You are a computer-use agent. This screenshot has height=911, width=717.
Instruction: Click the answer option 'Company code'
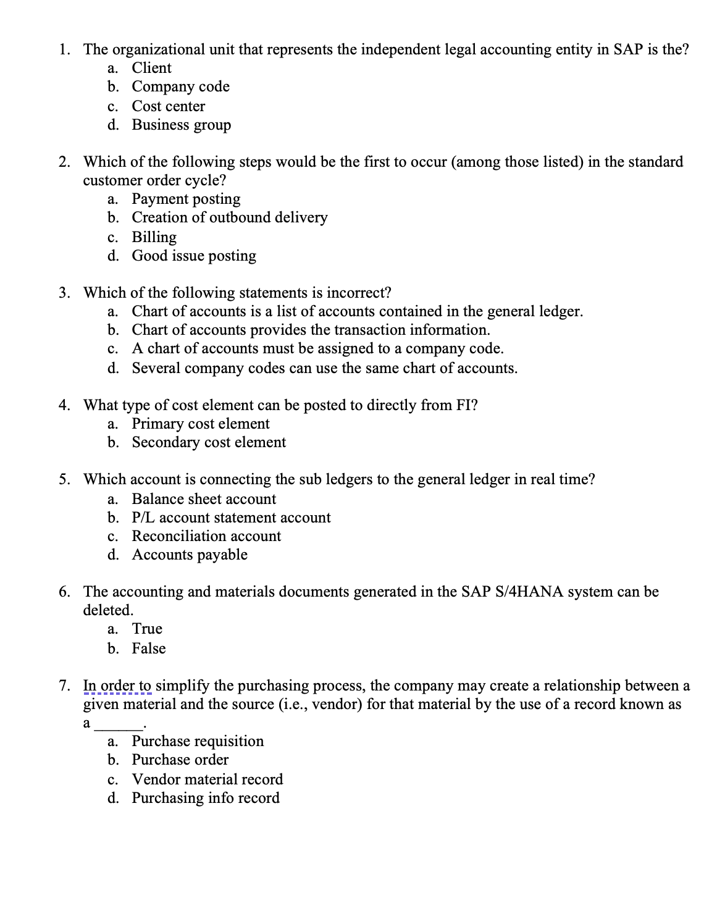click(180, 86)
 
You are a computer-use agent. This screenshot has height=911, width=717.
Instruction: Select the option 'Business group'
click(181, 125)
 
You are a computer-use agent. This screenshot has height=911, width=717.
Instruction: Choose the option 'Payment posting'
click(186, 199)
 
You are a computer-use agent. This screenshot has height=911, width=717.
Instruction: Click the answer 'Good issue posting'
click(194, 256)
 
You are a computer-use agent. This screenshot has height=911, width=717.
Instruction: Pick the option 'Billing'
click(154, 237)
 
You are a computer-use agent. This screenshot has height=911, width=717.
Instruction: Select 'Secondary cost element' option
click(209, 442)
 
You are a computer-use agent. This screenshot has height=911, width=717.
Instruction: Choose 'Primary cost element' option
click(201, 424)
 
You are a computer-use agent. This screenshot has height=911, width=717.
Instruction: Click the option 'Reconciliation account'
click(206, 536)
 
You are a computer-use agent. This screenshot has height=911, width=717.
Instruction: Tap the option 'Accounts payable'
click(190, 555)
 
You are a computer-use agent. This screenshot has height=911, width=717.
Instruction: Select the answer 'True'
click(147, 629)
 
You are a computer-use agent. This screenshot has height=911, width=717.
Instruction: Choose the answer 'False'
click(149, 649)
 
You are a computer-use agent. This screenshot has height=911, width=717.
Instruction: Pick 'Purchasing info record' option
click(206, 798)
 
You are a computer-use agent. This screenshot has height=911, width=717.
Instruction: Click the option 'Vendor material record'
click(208, 779)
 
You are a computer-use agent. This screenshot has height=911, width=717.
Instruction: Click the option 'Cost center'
click(168, 106)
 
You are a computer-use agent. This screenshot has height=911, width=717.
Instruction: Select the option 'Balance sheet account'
click(204, 499)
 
